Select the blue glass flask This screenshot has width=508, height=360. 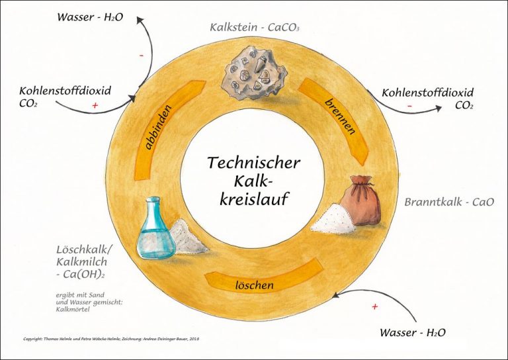tap(155, 228)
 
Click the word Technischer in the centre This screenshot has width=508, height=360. tap(254, 163)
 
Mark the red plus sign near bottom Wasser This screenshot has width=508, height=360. tap(375, 306)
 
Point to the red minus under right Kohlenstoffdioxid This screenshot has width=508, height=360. tap(410, 105)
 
